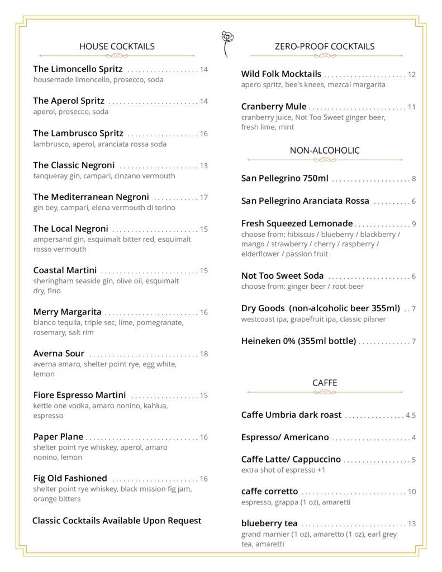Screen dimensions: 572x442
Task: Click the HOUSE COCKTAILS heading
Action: click(x=117, y=46)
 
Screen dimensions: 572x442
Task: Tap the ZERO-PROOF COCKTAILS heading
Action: click(x=325, y=46)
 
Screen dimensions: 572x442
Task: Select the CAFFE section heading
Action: click(x=325, y=383)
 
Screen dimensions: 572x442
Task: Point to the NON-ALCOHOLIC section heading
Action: click(x=325, y=150)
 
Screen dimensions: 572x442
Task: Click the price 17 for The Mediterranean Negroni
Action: click(x=203, y=197)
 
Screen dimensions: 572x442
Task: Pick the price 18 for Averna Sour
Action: click(x=203, y=354)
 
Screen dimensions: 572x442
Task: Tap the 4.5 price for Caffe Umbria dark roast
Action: click(x=411, y=416)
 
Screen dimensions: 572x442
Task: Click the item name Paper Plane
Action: click(x=58, y=437)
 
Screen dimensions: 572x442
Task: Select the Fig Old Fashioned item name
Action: click(x=70, y=479)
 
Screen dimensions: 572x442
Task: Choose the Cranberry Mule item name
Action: click(x=274, y=107)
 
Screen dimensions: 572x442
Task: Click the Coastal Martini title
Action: click(x=65, y=270)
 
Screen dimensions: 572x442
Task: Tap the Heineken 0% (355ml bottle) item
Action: click(x=298, y=341)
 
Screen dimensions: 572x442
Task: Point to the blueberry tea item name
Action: click(x=269, y=524)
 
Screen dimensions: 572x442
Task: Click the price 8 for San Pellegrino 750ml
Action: click(x=414, y=179)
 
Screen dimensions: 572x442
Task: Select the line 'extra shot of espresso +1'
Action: click(x=283, y=470)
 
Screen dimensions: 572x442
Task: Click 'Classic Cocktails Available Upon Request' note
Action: click(x=117, y=521)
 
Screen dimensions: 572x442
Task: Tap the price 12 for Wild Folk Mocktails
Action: click(x=412, y=75)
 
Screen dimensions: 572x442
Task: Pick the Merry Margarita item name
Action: click(x=67, y=312)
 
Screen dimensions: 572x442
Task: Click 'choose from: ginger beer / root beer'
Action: click(x=302, y=287)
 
